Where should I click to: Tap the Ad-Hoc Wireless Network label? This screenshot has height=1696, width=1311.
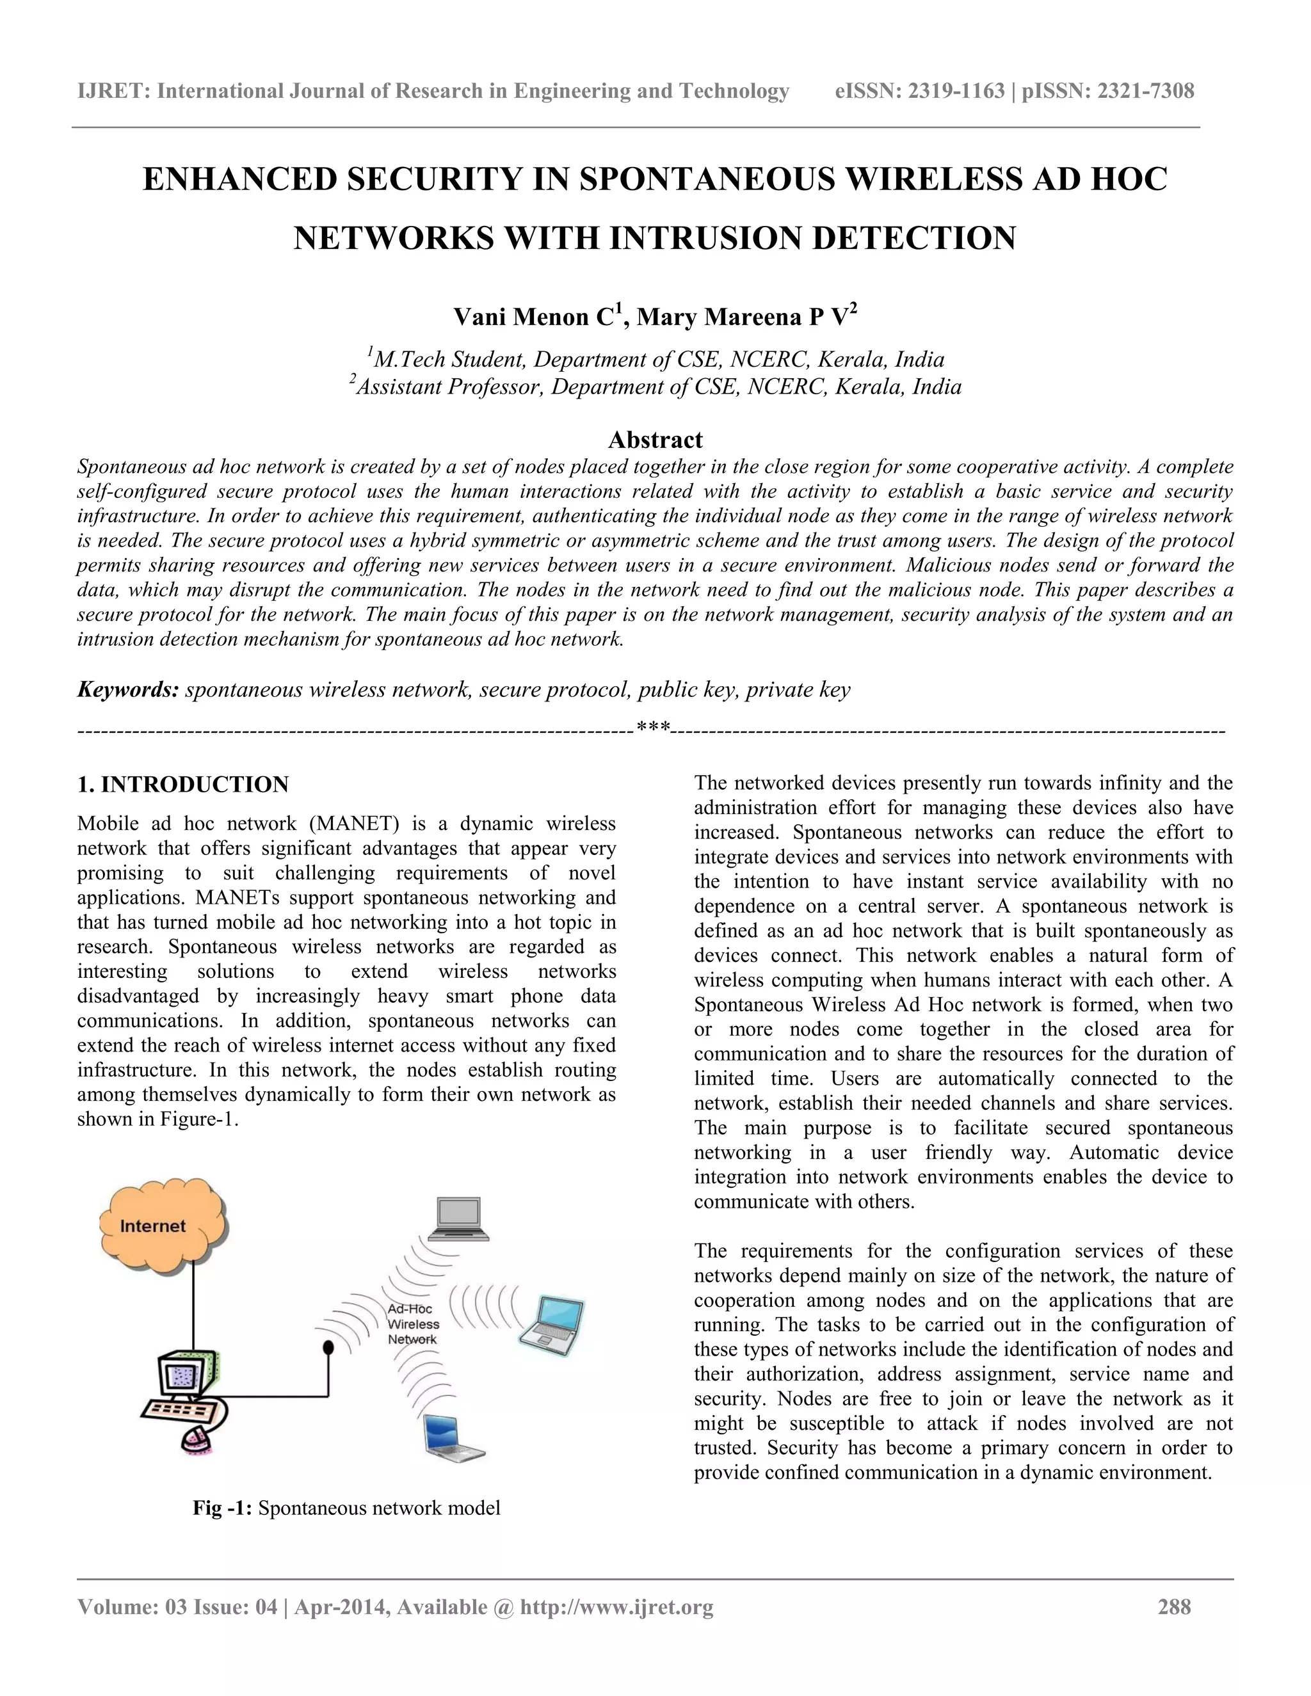pos(413,1324)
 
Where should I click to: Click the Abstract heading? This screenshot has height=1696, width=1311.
pos(655,440)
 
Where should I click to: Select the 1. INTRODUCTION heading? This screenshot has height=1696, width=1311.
pos(183,785)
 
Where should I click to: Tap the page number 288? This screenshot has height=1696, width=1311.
pos(1173,1606)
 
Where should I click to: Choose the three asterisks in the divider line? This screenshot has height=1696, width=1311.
pos(652,729)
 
